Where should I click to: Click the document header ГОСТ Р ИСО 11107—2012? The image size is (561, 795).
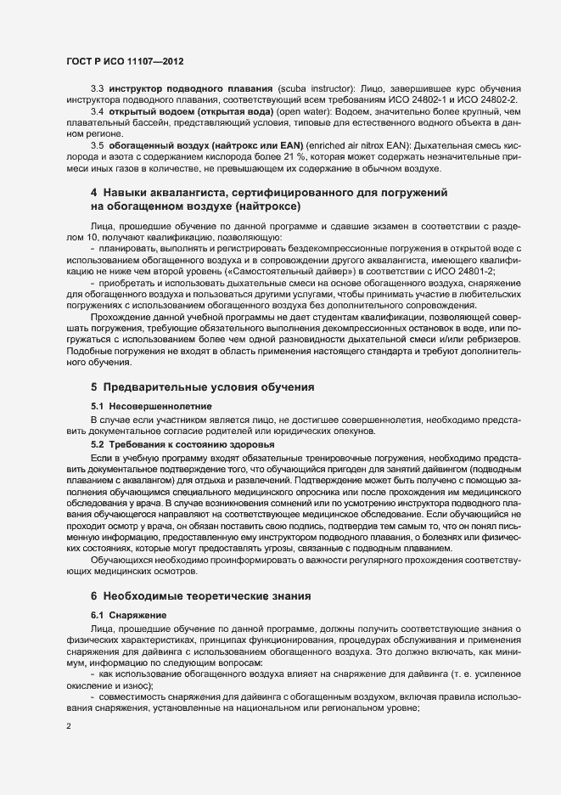125,63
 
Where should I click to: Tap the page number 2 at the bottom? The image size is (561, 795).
70,726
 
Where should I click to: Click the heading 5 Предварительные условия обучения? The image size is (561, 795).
202,387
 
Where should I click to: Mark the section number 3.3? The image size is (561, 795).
97,89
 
